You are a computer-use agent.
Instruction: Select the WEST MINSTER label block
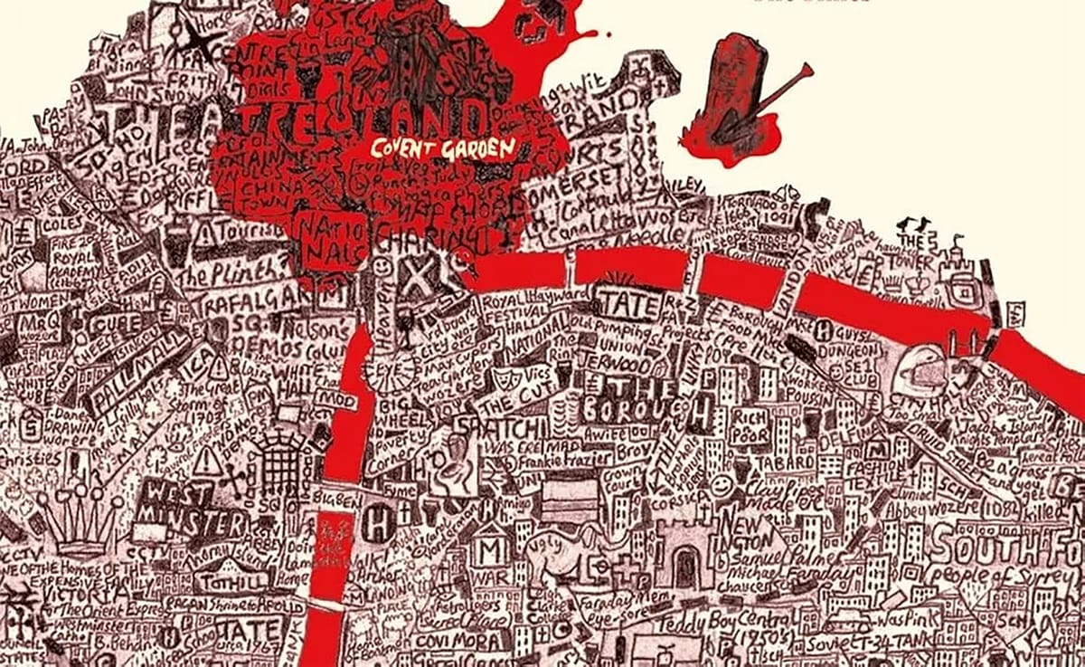click(192, 510)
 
